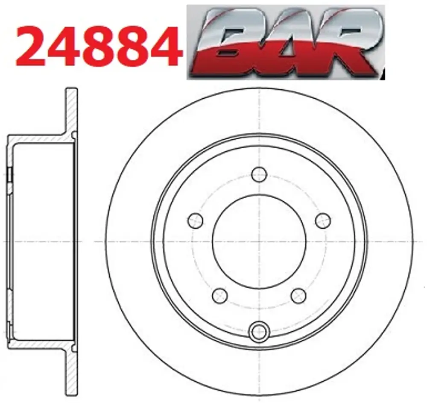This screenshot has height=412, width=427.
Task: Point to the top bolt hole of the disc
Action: tap(259, 174)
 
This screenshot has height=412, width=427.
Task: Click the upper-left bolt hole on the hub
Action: tap(196, 221)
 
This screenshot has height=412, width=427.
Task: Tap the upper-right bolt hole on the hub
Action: tap(323, 221)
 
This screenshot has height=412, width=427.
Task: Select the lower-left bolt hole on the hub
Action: tap(220, 295)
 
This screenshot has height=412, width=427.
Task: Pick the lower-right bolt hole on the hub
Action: tap(298, 295)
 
